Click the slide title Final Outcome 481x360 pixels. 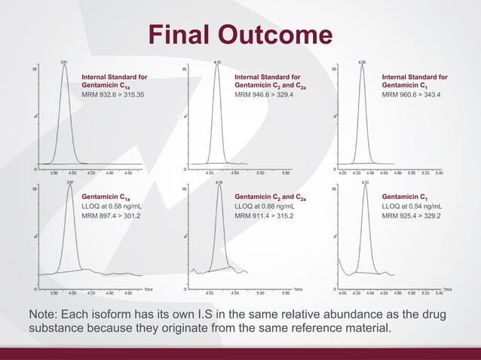tap(240, 35)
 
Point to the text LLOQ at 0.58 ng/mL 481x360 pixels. tap(112, 206)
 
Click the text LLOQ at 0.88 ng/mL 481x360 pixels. tap(265, 206)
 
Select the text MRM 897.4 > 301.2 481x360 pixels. tap(111, 215)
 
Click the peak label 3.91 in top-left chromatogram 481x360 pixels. tap(65, 62)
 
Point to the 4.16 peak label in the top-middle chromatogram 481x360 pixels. tap(217, 62)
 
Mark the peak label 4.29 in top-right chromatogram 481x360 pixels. tap(363, 62)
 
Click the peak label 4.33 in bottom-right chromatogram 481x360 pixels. tap(364, 182)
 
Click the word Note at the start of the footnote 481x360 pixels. tap(42, 314)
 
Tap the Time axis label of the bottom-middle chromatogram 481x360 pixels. tap(298, 288)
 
